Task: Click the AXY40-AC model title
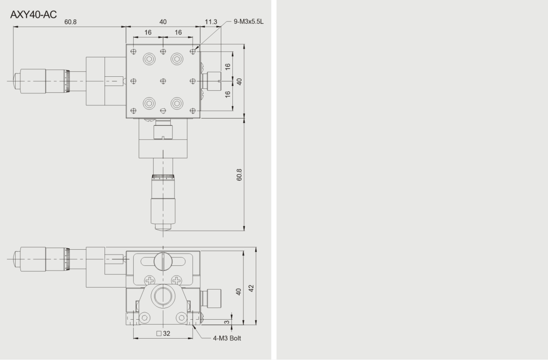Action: pos(34,15)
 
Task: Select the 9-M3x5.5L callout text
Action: pos(248,22)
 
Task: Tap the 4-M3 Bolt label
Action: pos(227,338)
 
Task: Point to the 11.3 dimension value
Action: pos(211,22)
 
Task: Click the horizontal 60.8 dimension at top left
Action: pos(70,22)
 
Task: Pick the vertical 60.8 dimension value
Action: pos(239,174)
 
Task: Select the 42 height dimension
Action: pos(251,288)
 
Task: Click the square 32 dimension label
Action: pos(163,333)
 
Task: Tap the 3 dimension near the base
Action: pos(227,322)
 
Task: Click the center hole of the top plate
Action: pos(163,81)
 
